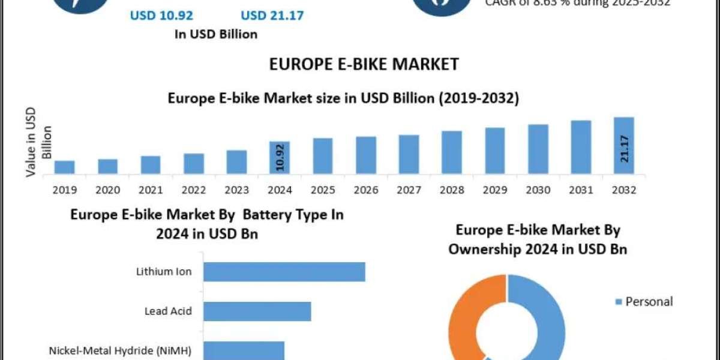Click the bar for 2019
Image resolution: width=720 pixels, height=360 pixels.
tap(65, 168)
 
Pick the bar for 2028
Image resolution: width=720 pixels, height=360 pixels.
tap(452, 153)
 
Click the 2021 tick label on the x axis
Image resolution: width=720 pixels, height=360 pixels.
tap(151, 190)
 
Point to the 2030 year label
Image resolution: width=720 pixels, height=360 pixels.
tap(538, 190)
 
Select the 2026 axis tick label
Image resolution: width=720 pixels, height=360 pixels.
tap(366, 190)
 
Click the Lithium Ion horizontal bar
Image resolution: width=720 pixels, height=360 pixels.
tap(284, 272)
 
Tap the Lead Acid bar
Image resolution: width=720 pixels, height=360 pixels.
tap(257, 311)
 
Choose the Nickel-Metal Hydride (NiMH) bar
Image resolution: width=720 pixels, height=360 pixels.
tap(243, 350)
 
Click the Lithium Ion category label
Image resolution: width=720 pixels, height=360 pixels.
tap(164, 272)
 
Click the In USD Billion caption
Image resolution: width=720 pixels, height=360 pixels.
tap(215, 34)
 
